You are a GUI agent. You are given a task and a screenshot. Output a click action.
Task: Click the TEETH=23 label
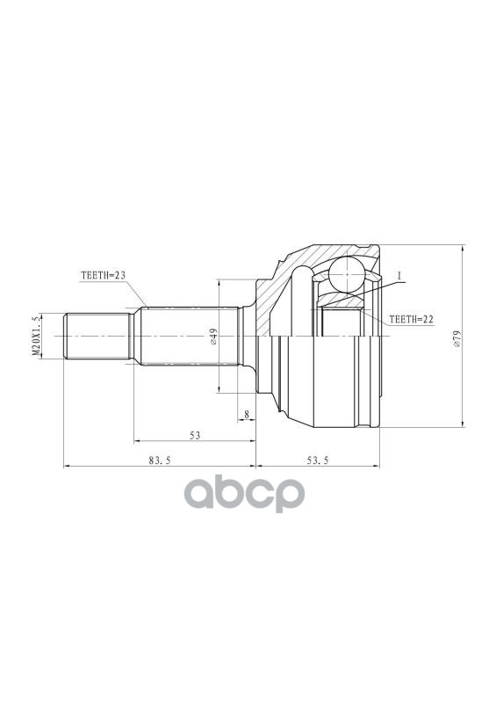(103, 275)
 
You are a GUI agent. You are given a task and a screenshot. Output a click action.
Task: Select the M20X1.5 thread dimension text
(37, 336)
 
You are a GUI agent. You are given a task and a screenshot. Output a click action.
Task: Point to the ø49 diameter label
(213, 337)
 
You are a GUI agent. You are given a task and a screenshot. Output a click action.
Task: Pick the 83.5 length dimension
(160, 460)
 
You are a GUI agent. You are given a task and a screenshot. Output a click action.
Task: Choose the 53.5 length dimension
(318, 460)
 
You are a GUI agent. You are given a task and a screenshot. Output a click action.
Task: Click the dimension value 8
(247, 414)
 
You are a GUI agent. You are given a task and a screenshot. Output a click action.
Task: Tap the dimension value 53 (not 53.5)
(195, 435)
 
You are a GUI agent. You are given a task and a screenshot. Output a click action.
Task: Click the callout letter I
(399, 275)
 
